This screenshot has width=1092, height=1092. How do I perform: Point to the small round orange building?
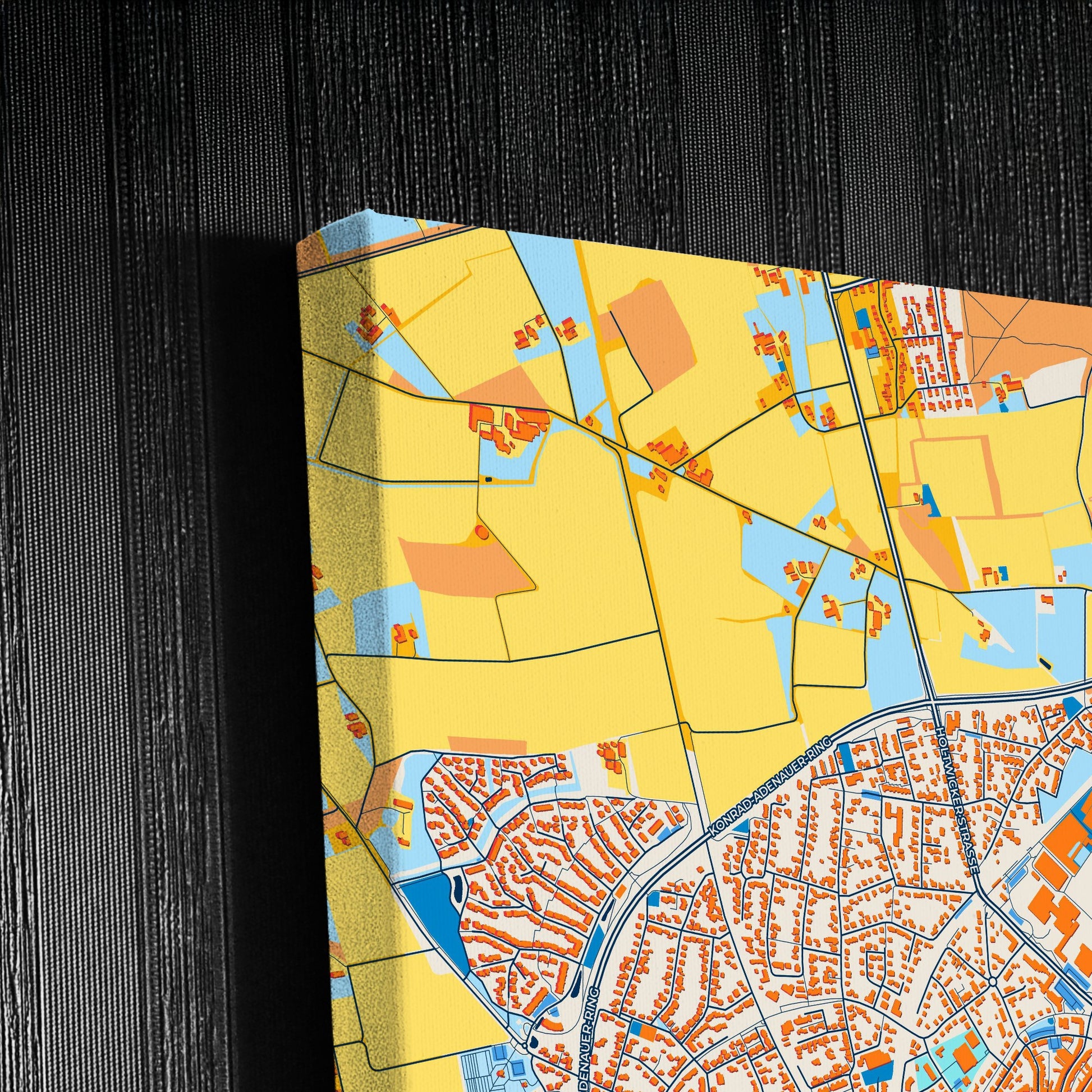[x=481, y=531]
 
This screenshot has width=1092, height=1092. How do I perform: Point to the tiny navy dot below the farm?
[x=488, y=479]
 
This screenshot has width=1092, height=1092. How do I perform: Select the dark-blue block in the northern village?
[x=862, y=319]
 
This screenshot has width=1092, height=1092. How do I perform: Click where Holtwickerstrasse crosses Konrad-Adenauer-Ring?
[x=933, y=701]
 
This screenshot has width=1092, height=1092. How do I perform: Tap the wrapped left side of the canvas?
[x=339, y=622]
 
